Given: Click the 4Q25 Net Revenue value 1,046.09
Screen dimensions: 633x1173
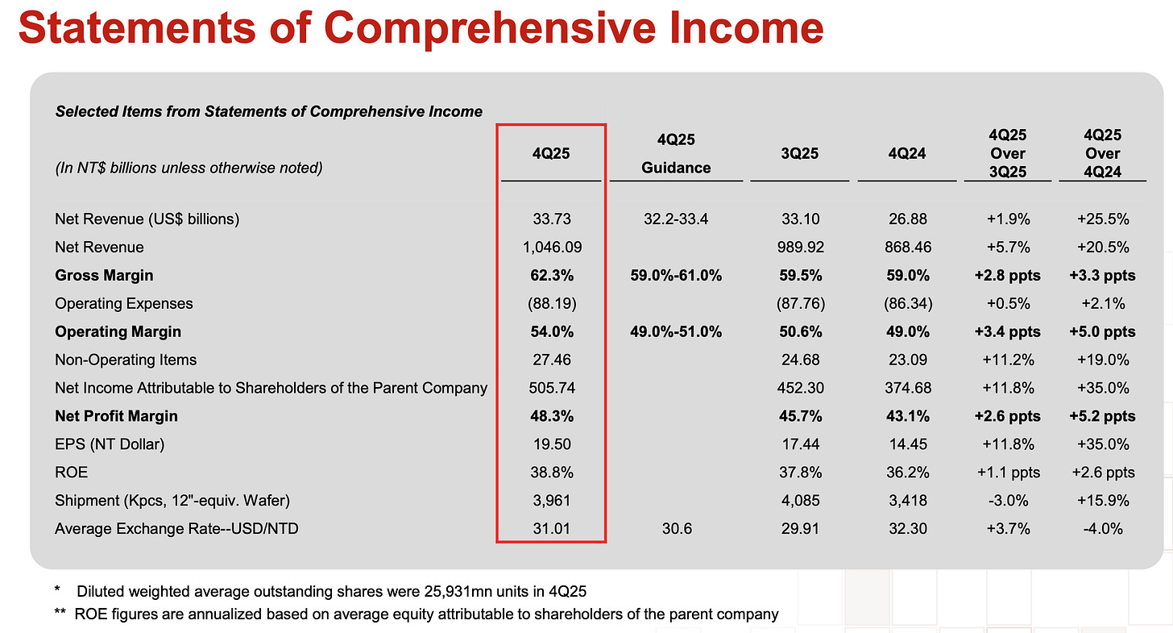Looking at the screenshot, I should (x=551, y=247).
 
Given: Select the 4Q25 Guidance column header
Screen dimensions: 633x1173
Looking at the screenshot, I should (x=676, y=153).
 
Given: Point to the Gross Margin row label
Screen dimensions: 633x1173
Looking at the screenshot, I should (x=104, y=275).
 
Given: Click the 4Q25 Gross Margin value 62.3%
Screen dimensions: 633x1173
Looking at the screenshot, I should (x=551, y=275).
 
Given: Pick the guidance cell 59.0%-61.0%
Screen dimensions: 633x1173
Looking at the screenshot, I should (x=676, y=275).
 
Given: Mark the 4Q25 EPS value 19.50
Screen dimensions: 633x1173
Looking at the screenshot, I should (x=551, y=444).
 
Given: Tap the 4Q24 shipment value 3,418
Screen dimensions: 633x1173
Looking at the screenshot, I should (x=908, y=501).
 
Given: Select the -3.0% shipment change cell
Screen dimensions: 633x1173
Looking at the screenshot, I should (x=1008, y=501).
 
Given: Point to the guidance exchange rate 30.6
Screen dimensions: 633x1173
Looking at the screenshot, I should (x=676, y=529).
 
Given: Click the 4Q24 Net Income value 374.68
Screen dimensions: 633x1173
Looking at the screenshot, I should (x=908, y=388).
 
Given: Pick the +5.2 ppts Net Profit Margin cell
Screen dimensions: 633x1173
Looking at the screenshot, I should (x=1103, y=416).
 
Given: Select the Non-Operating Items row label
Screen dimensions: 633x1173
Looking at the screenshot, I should (x=126, y=360).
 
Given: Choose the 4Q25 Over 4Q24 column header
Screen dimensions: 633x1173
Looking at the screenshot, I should (x=1103, y=152).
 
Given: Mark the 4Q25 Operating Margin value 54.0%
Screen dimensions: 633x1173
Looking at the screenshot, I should (x=551, y=331).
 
